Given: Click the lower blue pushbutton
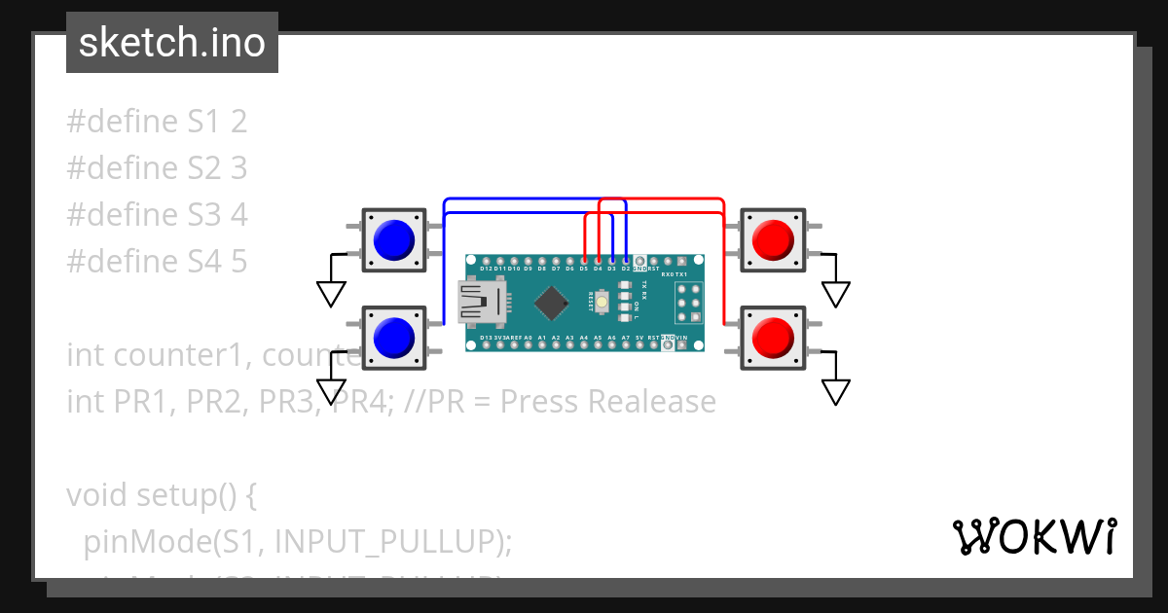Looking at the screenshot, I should coord(394,337).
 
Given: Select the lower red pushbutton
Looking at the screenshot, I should coord(774,337).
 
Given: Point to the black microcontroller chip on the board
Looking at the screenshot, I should coord(551,302).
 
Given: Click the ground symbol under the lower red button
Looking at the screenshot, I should coord(835,391).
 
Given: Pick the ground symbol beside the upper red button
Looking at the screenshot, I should coord(835,293).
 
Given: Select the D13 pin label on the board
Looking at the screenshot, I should coord(486,338).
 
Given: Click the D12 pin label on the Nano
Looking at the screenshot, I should coord(486,268).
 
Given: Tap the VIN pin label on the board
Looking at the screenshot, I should coord(681,338).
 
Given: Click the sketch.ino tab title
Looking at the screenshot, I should coord(172,43).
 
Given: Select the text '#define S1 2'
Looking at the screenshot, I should coord(157,122).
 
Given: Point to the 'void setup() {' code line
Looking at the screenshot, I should coord(162,495).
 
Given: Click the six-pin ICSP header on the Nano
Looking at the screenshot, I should coord(689,303).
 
